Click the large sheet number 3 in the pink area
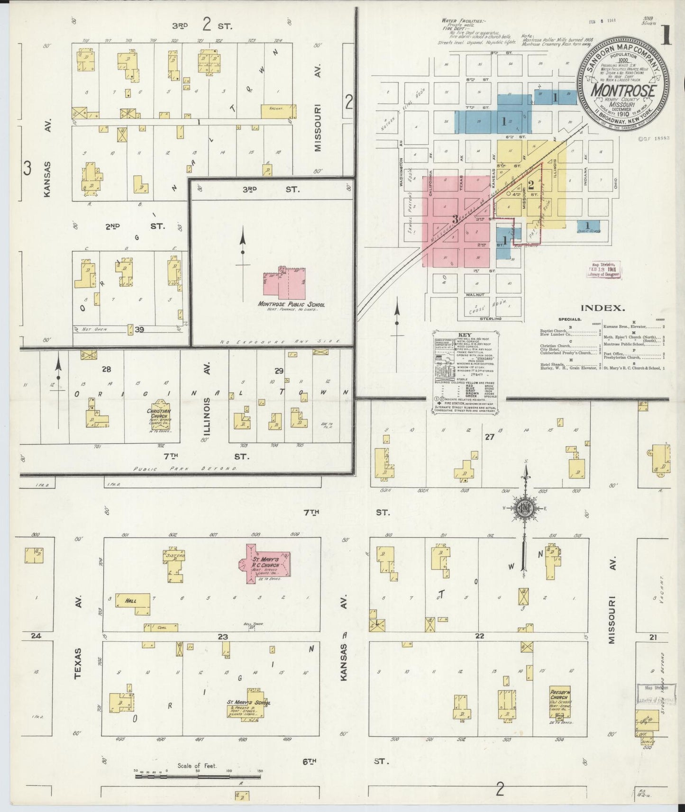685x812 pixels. [x=456, y=219]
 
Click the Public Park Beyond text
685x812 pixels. [x=185, y=468]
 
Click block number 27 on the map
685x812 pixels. [x=489, y=437]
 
